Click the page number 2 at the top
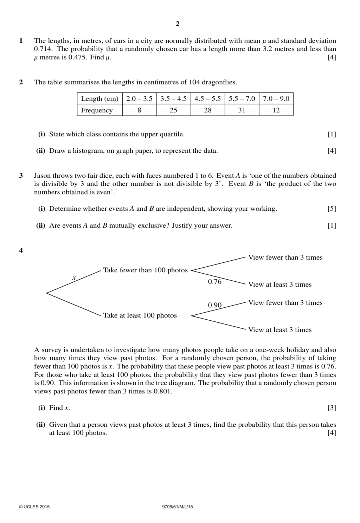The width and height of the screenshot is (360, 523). pos(177,24)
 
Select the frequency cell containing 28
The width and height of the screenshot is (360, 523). pos(208,110)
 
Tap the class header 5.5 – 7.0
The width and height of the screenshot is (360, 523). pos(242,99)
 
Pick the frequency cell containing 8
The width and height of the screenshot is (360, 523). pos(139,110)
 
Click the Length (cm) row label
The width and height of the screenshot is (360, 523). pos(99,99)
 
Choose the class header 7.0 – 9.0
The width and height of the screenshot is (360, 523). pos(276,99)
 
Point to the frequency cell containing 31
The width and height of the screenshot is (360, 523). pos(242,110)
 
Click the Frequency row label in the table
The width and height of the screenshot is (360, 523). pos(97,110)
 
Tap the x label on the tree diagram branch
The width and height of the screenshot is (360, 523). pos(74,278)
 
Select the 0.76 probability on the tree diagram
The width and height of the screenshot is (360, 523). pos(214,282)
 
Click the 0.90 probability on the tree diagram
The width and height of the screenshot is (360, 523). pos(214,305)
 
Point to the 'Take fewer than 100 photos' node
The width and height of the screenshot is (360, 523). pos(145,270)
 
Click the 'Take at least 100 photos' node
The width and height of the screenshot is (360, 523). pos(140,315)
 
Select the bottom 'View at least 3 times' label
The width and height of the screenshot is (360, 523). pos(280,330)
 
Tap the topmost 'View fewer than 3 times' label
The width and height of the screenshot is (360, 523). pos(285,257)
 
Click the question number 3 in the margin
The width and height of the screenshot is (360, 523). pos(21,176)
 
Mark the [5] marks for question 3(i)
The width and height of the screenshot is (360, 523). pos(332,209)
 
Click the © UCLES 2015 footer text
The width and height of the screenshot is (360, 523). pos(34,507)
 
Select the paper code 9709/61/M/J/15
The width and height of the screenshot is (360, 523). pos(178,507)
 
